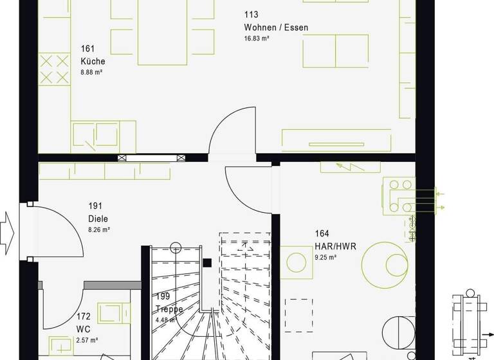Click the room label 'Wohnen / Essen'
276,28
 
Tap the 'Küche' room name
93,61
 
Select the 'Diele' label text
98,218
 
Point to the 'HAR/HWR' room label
335,246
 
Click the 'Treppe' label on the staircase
169,309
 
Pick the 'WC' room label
83,328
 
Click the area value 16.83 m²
256,39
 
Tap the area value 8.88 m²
91,73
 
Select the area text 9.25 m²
325,257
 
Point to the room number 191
95,206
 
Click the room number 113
251,15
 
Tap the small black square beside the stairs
206,262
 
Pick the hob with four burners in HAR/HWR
399,195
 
